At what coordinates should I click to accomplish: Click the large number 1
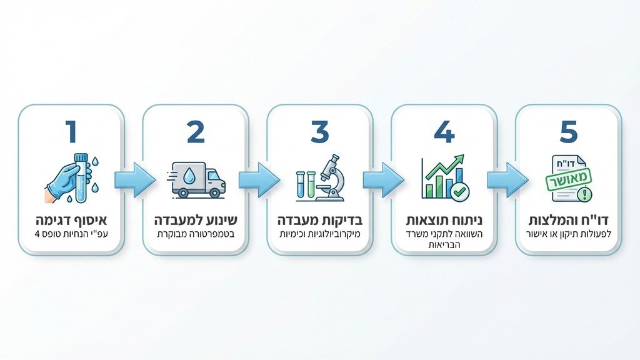(71, 132)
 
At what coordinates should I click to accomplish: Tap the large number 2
(196, 132)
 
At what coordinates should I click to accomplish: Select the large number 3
(319, 132)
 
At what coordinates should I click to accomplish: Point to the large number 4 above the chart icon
(444, 132)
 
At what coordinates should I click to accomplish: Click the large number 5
(569, 132)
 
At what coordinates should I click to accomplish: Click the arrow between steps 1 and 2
(135, 180)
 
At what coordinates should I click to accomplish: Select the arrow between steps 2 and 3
(259, 180)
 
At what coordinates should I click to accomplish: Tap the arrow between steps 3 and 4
(383, 180)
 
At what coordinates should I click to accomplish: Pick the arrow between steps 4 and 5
(507, 180)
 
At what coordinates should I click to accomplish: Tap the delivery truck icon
(197, 179)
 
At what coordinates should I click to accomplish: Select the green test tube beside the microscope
(311, 184)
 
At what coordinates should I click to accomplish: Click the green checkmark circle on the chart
(461, 191)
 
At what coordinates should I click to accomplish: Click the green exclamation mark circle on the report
(585, 193)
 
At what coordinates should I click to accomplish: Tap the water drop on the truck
(189, 176)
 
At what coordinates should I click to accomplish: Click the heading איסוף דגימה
(71, 221)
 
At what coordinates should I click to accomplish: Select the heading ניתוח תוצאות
(444, 221)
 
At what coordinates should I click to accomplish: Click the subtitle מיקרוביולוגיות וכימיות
(320, 235)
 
